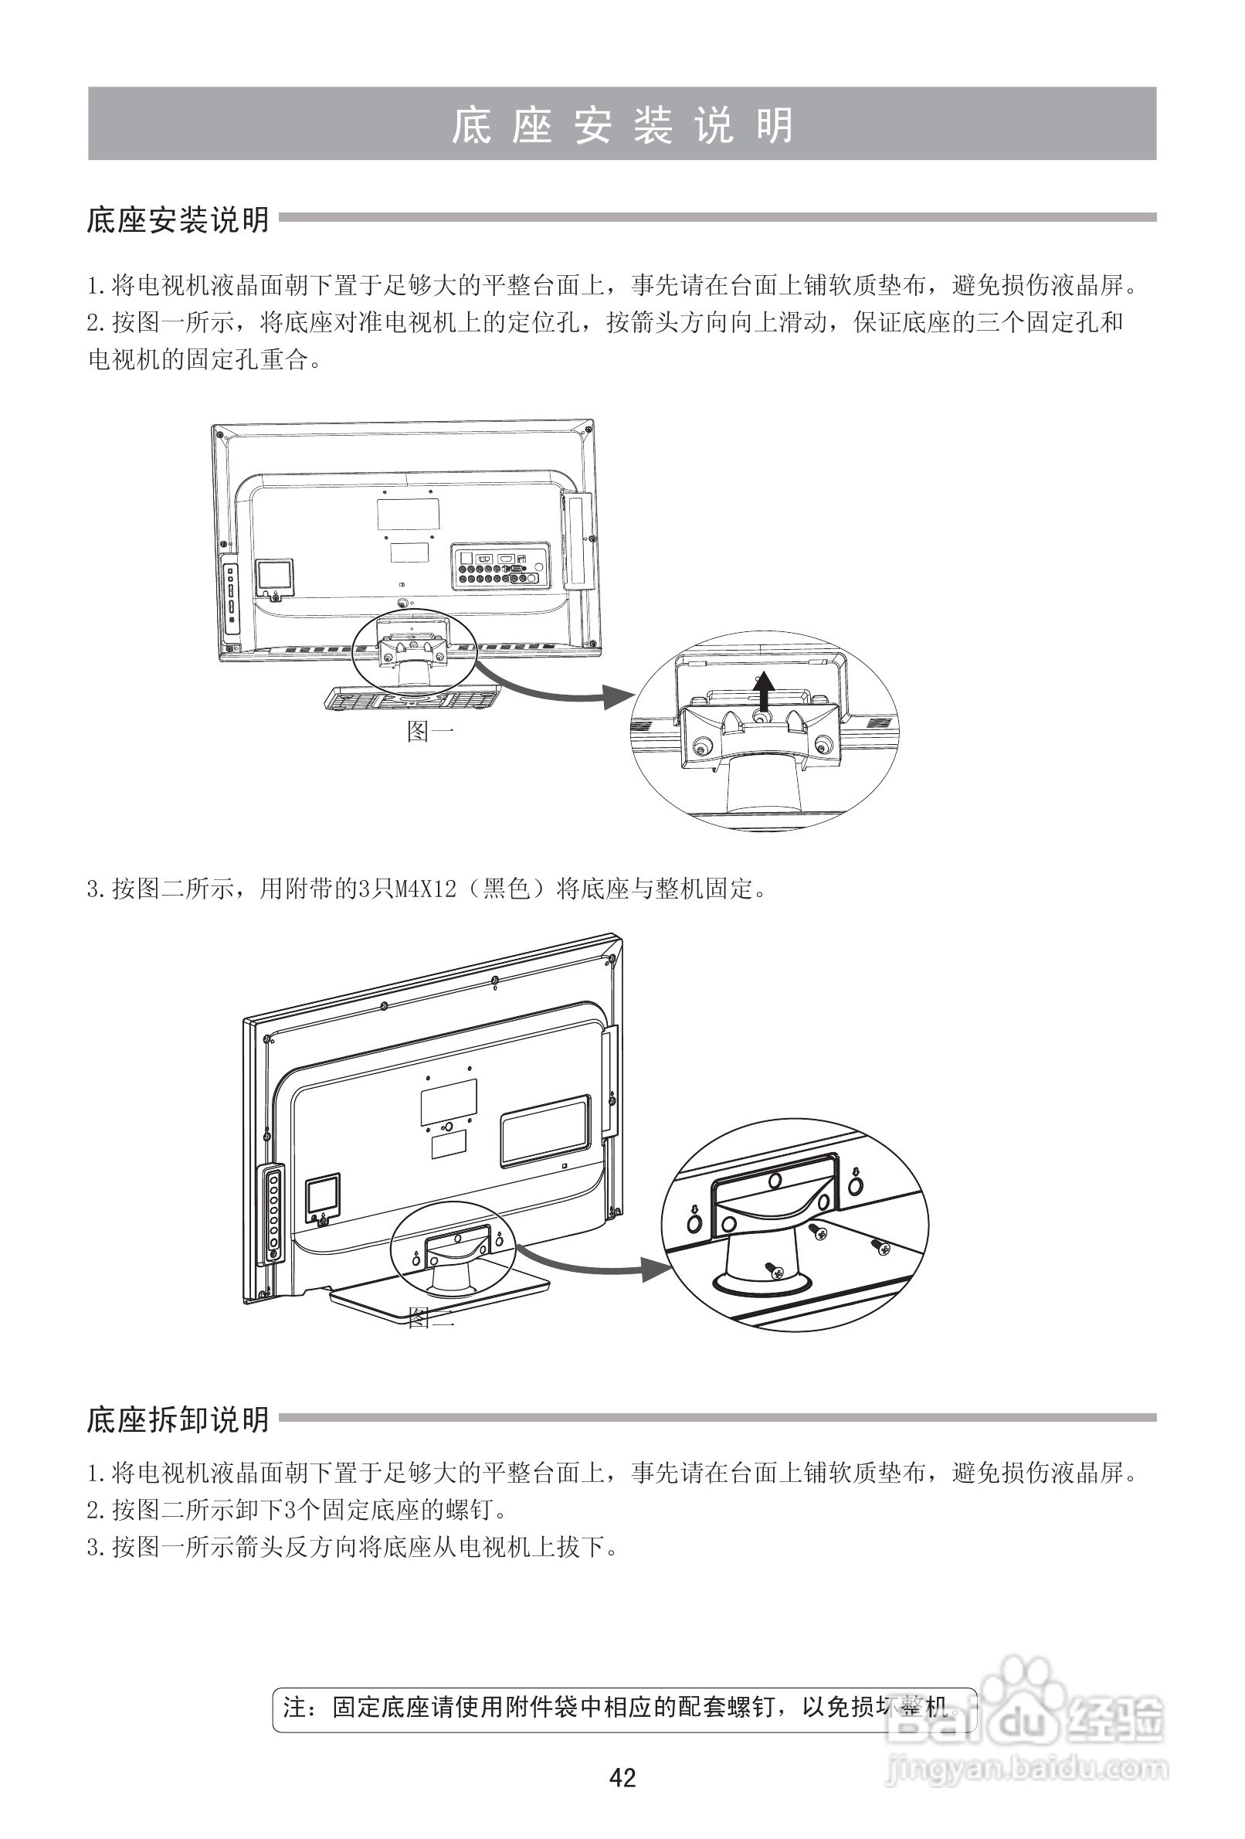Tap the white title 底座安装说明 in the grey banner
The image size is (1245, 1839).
pos(622,125)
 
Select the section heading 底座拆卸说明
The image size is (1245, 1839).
pos(178,1419)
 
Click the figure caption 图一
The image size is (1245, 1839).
pos(429,730)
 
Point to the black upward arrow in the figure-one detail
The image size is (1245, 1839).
pos(763,692)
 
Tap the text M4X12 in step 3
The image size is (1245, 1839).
pos(426,889)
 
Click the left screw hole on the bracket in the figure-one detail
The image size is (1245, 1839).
pos(700,748)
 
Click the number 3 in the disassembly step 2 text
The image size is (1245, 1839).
pos(290,1510)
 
